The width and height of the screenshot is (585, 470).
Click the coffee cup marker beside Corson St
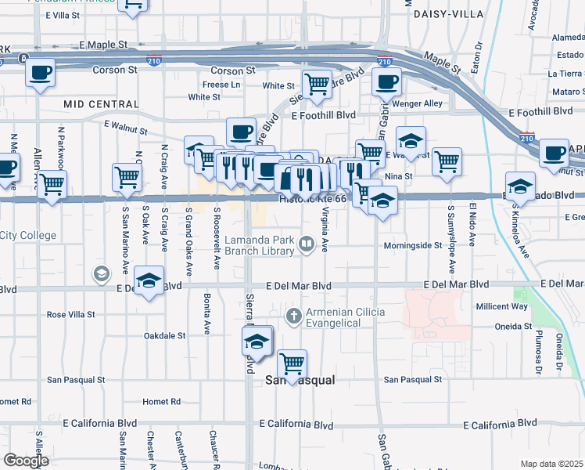(40, 73)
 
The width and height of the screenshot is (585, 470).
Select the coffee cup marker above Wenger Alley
(386, 81)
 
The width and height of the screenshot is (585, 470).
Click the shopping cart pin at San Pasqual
(292, 363)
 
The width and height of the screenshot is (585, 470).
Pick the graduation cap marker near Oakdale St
(256, 342)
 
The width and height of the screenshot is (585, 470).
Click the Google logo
(26, 461)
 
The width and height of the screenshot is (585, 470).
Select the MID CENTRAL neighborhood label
(91, 103)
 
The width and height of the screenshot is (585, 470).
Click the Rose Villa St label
(70, 314)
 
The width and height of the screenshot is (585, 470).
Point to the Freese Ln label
(222, 85)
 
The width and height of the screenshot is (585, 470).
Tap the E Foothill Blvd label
(323, 115)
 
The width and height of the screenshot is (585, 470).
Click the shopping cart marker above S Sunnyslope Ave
(447, 161)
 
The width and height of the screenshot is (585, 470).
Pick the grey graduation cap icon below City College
(100, 273)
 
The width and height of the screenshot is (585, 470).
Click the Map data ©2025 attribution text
(551, 464)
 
